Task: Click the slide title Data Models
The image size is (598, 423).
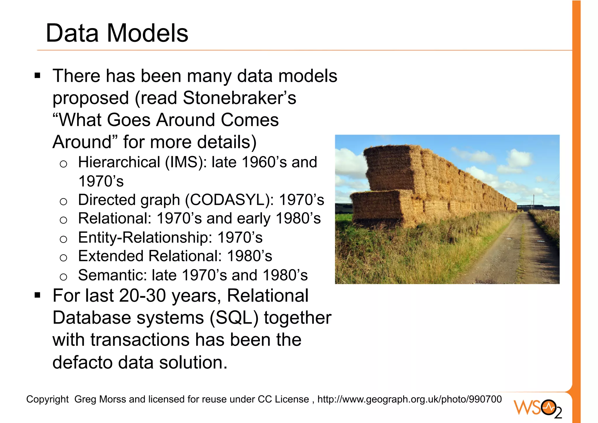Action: (x=117, y=33)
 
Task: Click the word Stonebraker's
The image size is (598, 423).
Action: (x=239, y=98)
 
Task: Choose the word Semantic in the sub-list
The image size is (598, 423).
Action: (x=112, y=275)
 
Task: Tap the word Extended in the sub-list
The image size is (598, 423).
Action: (x=111, y=256)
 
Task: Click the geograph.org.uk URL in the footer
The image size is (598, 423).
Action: (x=409, y=399)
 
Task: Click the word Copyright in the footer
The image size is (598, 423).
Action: (x=47, y=399)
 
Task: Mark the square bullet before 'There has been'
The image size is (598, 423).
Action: (x=37, y=76)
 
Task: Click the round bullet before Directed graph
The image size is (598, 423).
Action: (x=63, y=201)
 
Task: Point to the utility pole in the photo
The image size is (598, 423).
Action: (x=533, y=202)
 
